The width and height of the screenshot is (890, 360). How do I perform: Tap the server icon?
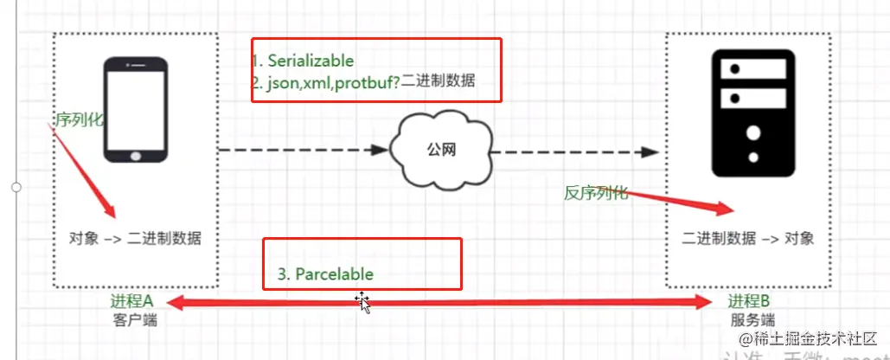pyautogui.click(x=751, y=113)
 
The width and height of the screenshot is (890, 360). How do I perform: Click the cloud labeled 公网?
pyautogui.click(x=439, y=150)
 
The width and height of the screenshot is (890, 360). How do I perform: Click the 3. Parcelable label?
pyautogui.click(x=325, y=273)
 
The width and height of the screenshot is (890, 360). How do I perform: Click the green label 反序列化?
pyautogui.click(x=595, y=194)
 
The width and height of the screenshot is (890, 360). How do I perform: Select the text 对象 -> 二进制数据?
pyautogui.click(x=135, y=238)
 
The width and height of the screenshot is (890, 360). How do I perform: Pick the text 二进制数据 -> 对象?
pyautogui.click(x=748, y=238)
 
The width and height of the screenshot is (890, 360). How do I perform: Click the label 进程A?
pyautogui.click(x=131, y=301)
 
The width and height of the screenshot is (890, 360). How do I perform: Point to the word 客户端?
pyautogui.click(x=134, y=320)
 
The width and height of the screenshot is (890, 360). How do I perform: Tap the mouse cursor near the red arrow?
pyautogui.click(x=362, y=302)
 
